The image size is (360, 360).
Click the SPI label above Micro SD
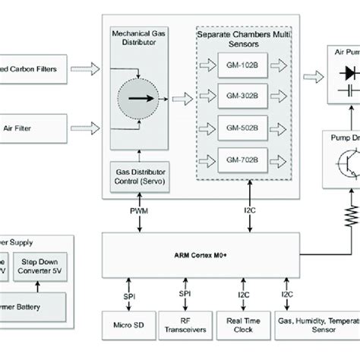[x=129, y=293]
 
